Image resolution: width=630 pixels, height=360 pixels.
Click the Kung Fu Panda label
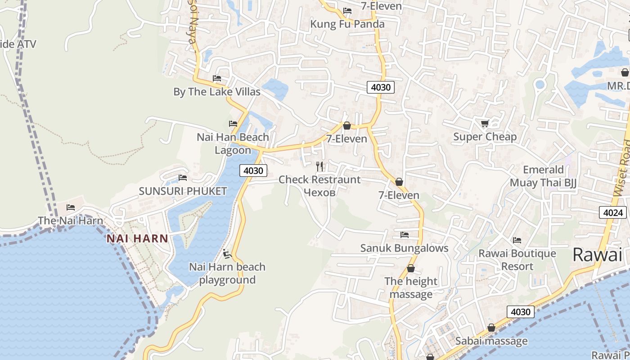[x=347, y=24]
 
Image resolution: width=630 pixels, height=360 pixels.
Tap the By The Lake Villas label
[x=217, y=92]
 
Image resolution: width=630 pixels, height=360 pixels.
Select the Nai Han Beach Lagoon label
[x=233, y=144]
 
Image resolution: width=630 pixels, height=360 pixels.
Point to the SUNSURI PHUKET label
[x=183, y=191]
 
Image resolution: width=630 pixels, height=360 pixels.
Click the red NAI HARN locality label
[x=137, y=239]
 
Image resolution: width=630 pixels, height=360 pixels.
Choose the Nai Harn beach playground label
[x=227, y=274]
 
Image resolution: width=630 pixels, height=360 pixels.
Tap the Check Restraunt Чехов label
[x=319, y=186]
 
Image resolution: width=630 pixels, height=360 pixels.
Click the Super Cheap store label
[x=485, y=137]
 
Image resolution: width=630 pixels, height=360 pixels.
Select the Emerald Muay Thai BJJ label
[x=543, y=176]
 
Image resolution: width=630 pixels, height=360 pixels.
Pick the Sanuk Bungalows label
[x=404, y=248]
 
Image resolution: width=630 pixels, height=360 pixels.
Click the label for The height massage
[x=411, y=288]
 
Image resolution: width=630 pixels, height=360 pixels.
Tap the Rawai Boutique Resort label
[x=517, y=260]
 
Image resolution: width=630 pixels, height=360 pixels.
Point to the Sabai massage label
[x=491, y=341]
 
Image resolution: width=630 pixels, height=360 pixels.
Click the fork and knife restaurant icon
[x=319, y=166]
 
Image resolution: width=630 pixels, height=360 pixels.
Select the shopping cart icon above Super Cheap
[x=485, y=123]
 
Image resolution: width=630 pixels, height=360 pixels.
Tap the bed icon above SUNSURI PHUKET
[x=183, y=178]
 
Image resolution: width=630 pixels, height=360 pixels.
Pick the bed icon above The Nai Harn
[x=71, y=207]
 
